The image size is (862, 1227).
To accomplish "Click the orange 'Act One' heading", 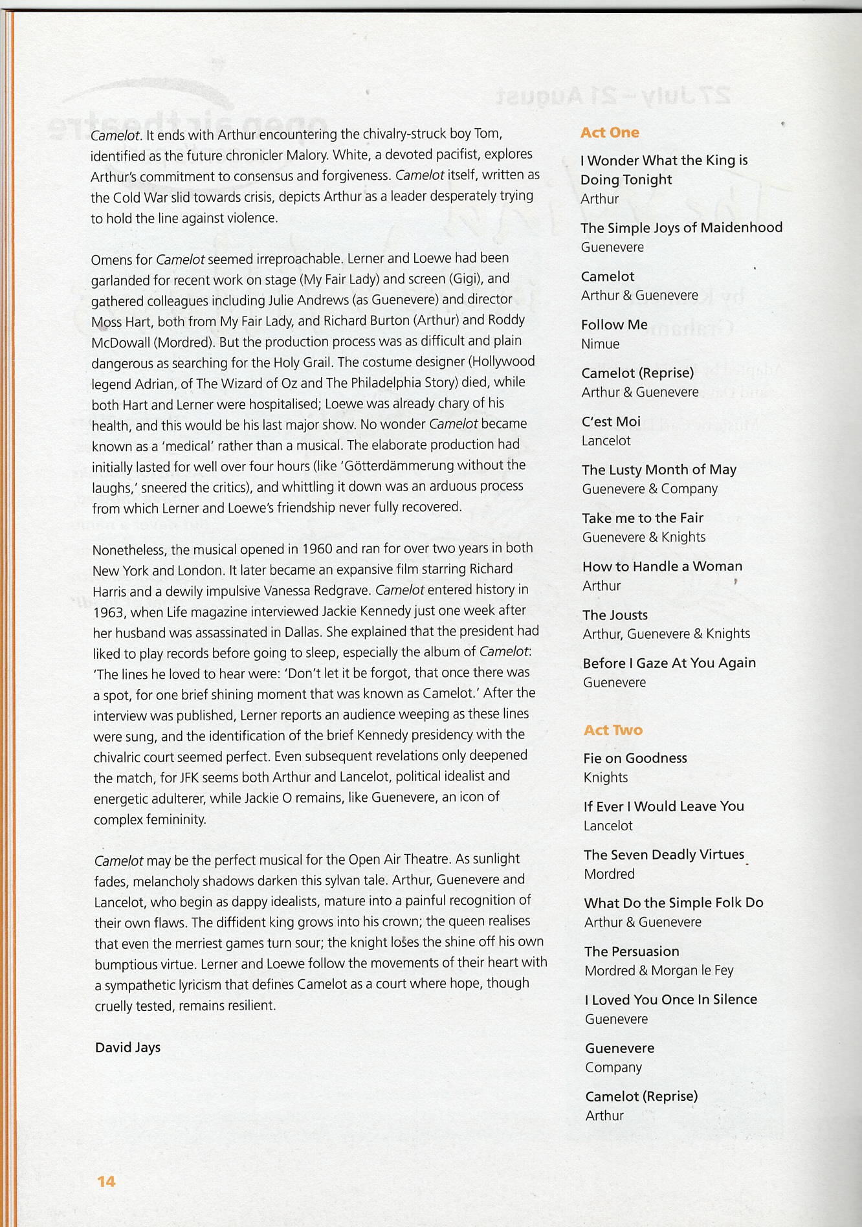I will tap(610, 133).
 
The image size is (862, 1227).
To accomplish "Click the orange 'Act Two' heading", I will tap(613, 730).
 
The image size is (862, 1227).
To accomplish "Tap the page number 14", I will tap(106, 1181).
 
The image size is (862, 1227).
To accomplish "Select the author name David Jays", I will tap(127, 1047).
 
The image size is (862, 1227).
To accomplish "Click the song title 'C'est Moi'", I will tap(611, 421).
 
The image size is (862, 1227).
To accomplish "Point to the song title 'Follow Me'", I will tap(614, 325).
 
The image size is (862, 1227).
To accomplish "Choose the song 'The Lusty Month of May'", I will tap(659, 470).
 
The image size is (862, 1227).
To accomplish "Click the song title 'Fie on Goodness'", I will tap(635, 758).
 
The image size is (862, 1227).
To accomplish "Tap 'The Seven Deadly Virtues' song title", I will tap(664, 854).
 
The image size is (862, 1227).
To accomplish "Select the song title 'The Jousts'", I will tap(615, 615).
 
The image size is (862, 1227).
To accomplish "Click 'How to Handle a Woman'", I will tap(662, 566).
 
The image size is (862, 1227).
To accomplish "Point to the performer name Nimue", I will tap(600, 344).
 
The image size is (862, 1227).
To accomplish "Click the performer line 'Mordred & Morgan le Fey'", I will tap(659, 970).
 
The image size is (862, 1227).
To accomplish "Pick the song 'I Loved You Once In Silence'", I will tap(670, 999).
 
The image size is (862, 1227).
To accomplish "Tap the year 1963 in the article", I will tap(109, 612).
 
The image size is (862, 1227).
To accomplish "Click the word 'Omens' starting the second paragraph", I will tap(111, 260).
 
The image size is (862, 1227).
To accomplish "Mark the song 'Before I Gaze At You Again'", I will tap(669, 663).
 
